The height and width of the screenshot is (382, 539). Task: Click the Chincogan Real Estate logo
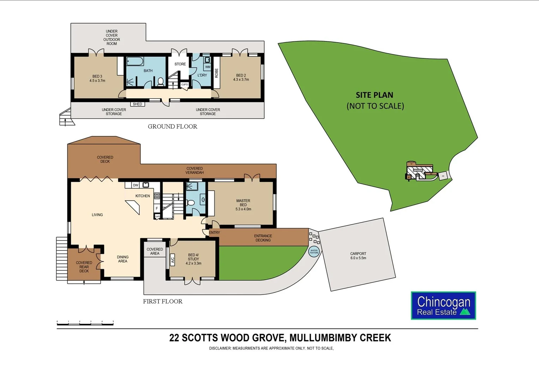pos(443,306)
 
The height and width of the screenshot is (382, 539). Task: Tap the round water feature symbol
pos(314,251)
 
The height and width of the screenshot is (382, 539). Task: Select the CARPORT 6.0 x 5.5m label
pos(358,256)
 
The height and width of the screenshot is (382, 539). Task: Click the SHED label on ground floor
pos(137,104)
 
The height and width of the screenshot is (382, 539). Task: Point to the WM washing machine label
pos(208,67)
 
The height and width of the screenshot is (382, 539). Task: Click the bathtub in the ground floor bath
pos(135,61)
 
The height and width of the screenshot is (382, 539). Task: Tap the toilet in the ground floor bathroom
pos(161,82)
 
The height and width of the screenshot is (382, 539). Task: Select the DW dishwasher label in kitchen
pos(136,185)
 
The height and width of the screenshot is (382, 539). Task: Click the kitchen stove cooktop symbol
pos(157,196)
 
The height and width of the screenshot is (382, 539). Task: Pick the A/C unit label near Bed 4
pos(173,260)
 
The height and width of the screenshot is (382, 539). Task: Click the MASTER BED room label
pos(243,203)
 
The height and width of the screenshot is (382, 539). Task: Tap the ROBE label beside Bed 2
pos(216,73)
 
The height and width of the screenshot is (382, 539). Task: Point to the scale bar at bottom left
pos(85,323)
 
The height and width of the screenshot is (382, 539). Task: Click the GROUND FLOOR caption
pos(172,126)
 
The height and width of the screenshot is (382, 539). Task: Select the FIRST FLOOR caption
pos(163,301)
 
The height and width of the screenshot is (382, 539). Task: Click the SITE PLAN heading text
pos(374,95)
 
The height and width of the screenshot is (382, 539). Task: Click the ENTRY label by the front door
pos(214,232)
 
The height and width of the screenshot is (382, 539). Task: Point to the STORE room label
pos(180,64)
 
